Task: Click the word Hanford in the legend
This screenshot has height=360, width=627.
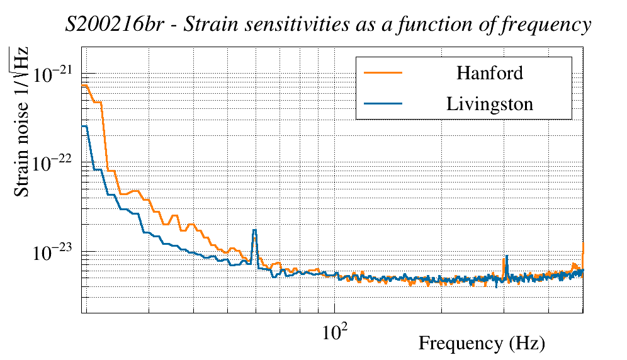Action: (x=489, y=73)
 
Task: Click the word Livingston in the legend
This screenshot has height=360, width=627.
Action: (x=490, y=104)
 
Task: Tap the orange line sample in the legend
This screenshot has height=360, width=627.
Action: (x=383, y=73)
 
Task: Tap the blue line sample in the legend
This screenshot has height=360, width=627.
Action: (x=383, y=104)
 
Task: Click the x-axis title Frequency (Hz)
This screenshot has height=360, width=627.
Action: (x=482, y=344)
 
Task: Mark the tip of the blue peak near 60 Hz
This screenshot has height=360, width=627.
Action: (x=254, y=230)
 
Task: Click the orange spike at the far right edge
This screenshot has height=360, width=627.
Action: (x=584, y=244)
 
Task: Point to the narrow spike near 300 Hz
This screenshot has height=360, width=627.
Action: (x=505, y=257)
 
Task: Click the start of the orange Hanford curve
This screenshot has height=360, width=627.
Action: (x=83, y=85)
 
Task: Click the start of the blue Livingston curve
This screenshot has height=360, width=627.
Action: (x=83, y=127)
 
